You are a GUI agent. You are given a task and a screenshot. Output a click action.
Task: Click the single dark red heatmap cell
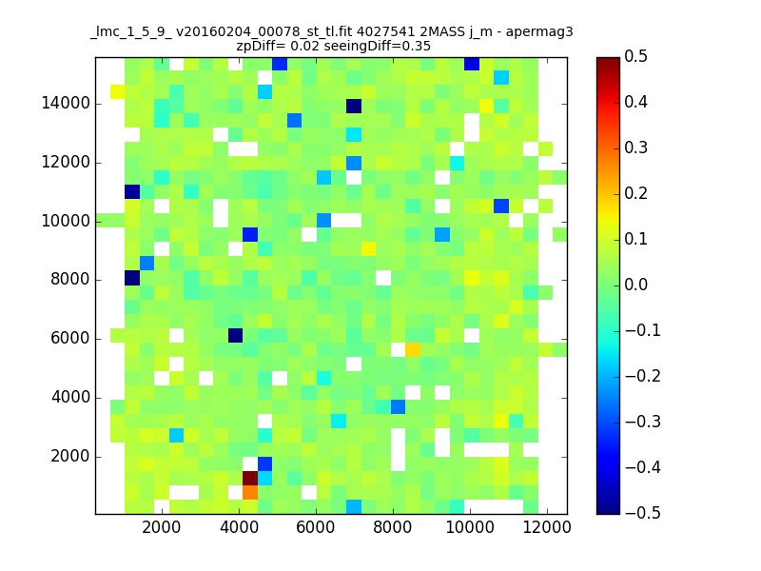tap(250, 478)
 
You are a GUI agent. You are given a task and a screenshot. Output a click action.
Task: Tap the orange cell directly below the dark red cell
tap(250, 492)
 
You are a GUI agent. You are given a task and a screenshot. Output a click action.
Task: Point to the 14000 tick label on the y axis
tap(66, 104)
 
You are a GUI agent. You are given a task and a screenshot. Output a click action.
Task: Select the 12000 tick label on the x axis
tap(547, 527)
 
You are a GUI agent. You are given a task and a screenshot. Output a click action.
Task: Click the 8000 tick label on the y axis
tap(70, 280)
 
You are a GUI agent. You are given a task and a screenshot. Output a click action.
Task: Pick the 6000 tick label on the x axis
tap(316, 527)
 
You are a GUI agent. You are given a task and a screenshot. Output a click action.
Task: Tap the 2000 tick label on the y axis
tap(70, 457)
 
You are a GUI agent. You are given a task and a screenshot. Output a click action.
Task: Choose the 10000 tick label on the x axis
tap(470, 527)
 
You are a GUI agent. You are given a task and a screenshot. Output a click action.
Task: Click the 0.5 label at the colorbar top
tap(635, 56)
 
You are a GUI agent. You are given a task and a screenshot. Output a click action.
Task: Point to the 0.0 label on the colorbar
tap(635, 285)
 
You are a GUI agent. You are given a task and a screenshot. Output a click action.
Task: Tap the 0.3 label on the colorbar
tap(635, 148)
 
